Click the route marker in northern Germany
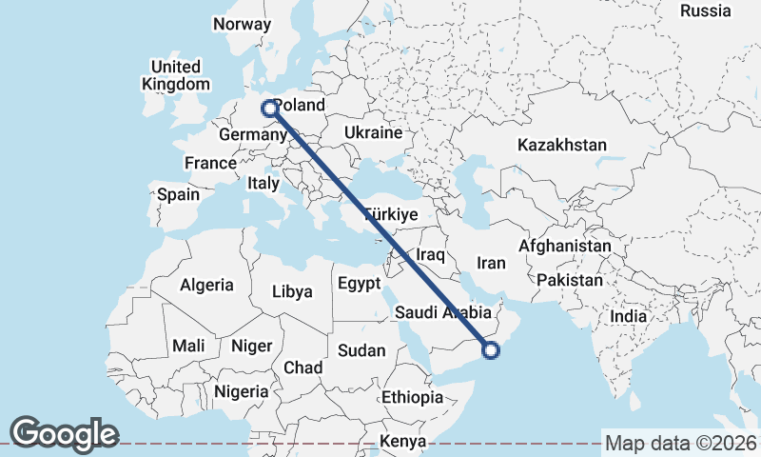[x=270, y=109]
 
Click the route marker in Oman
[x=491, y=350]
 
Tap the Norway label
[x=243, y=24]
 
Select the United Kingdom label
[x=176, y=75]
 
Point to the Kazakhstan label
[x=562, y=146]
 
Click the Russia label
[x=706, y=11]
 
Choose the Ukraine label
[x=373, y=132]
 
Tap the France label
[x=210, y=163]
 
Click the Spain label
[x=179, y=195]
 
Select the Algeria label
[x=206, y=285]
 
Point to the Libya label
[x=292, y=291]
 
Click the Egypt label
[x=361, y=284]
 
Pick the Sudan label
[x=362, y=350]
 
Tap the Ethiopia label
[x=412, y=397]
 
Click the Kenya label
[x=403, y=441]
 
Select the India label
[x=629, y=316]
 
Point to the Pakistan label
[x=570, y=281]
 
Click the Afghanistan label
[x=565, y=246]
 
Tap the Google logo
[x=64, y=434]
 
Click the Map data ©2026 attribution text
[x=681, y=443]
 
